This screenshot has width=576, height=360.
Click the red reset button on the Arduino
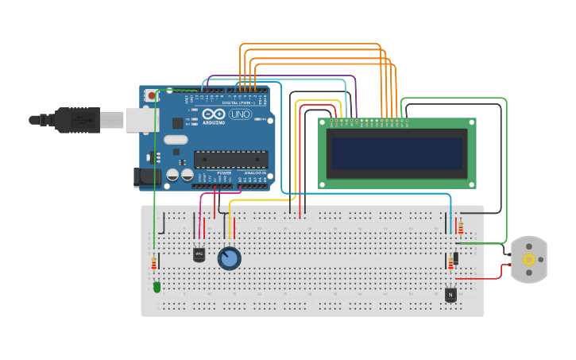click(152, 95)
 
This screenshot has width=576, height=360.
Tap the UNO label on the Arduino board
click(239, 115)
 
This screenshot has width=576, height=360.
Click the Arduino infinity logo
click(213, 115)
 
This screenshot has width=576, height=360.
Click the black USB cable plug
click(79, 119)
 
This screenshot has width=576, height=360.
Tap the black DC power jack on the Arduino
click(146, 177)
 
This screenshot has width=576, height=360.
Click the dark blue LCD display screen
click(397, 155)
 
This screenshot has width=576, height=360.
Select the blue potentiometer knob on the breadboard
click(229, 258)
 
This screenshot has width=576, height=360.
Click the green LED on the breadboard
click(157, 287)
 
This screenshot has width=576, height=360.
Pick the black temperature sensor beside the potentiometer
click(199, 254)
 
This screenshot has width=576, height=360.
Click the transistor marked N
click(450, 294)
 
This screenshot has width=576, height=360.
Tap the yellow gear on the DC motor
click(528, 260)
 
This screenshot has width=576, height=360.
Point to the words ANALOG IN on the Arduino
click(254, 172)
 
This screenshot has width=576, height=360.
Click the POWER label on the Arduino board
click(224, 172)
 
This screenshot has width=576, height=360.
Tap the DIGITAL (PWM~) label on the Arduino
click(241, 103)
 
